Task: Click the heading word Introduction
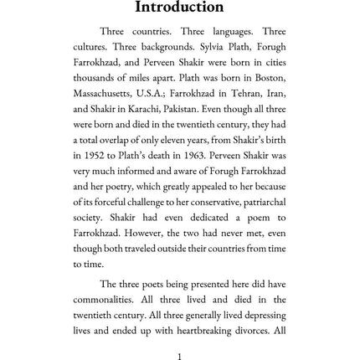(x=179, y=8)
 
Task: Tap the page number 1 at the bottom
(x=180, y=354)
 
